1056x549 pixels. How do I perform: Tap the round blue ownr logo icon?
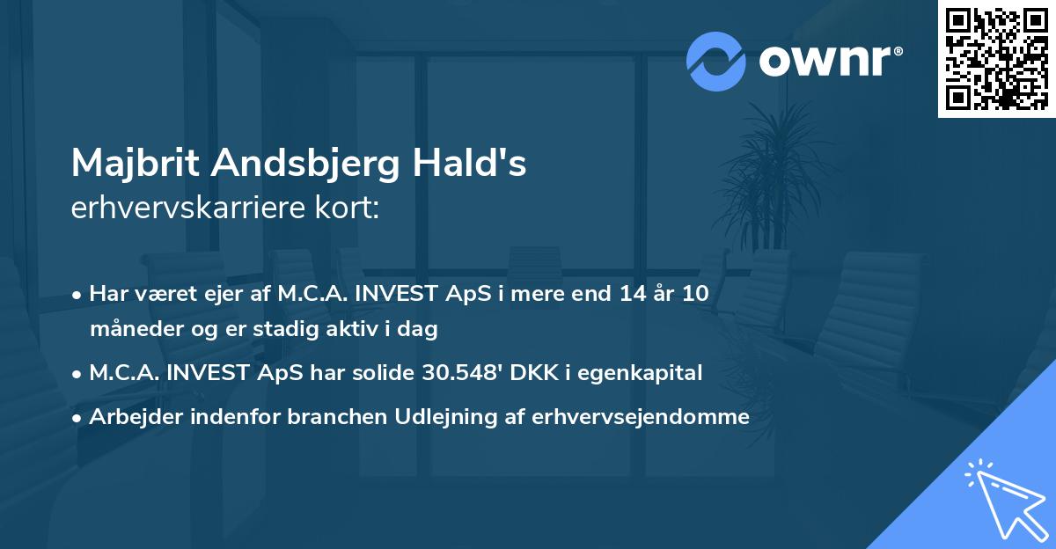715,62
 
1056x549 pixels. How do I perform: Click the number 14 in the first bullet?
632,293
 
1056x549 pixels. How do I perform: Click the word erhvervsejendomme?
641,417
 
